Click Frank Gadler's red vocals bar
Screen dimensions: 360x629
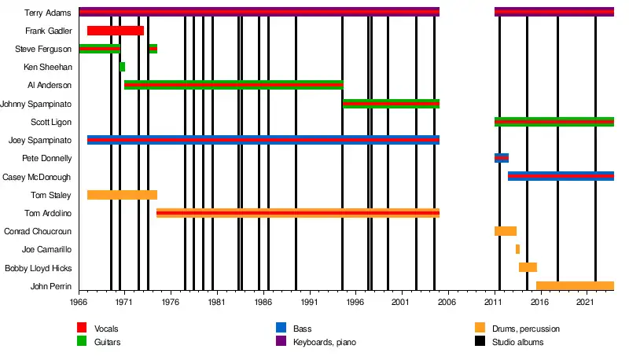115,31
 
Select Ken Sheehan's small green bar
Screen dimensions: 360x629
122,67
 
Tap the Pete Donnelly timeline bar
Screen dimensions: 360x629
502,158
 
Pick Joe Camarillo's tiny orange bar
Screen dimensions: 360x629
517,249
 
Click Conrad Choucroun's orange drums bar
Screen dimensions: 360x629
505,231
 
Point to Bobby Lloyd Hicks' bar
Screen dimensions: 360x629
528,267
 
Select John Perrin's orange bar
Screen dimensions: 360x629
574,286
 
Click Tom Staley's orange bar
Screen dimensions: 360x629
122,195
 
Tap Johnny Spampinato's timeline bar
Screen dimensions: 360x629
391,104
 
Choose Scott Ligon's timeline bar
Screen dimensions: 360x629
554,122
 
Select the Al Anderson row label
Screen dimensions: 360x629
50,85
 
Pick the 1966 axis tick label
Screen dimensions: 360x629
79,302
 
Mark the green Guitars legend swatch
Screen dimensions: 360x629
82,342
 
